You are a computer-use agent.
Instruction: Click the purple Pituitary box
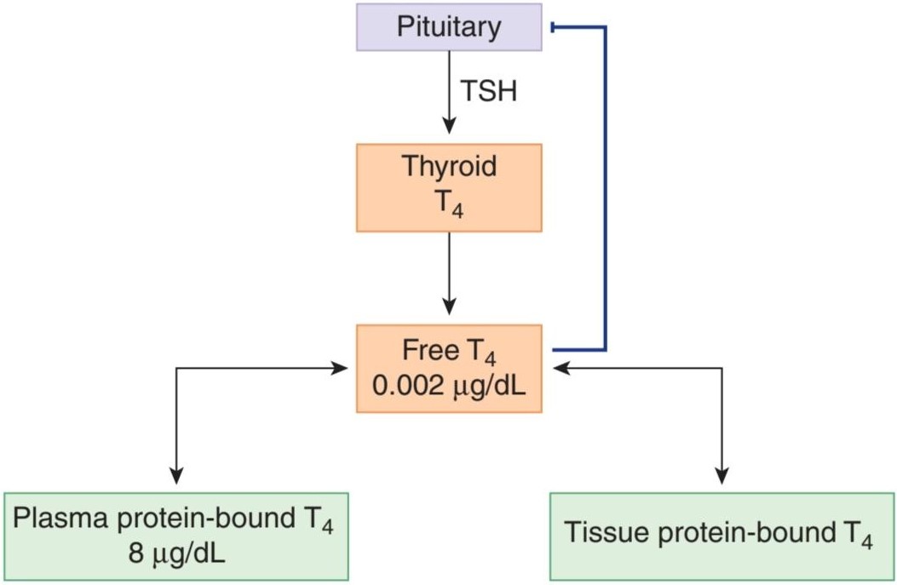[x=449, y=27]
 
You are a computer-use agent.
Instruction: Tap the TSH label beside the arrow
[x=489, y=91]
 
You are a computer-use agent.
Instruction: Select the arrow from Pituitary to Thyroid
[x=450, y=92]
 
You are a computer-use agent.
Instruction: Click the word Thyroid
[x=449, y=166]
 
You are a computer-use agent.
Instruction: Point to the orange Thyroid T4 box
[x=449, y=187]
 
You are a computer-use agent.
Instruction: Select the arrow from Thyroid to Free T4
[x=450, y=273]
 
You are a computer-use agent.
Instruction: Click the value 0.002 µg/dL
[x=449, y=386]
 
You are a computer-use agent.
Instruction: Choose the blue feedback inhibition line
[x=606, y=187]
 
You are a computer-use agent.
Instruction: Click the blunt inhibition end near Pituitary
[x=552, y=27]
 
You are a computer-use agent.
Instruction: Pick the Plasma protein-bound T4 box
[x=176, y=536]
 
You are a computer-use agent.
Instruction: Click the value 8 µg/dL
[x=176, y=553]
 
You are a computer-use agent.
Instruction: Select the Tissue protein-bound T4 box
[x=722, y=536]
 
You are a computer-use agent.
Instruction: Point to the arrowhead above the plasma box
[x=177, y=476]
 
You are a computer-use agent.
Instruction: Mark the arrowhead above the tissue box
[x=722, y=476]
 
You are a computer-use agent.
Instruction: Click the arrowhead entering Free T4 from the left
[x=339, y=368]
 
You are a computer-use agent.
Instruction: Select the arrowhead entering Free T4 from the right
[x=561, y=368]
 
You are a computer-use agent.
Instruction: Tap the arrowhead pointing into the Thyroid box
[x=450, y=125]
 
